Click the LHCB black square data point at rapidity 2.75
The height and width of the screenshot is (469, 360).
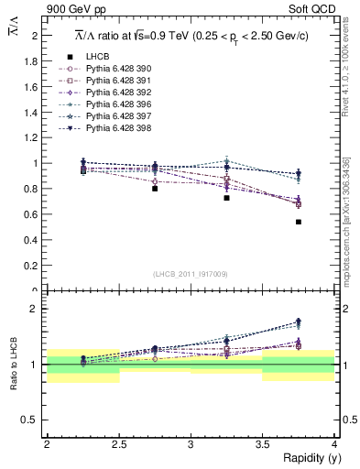(155, 189)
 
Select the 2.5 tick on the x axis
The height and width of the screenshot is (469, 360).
(118, 444)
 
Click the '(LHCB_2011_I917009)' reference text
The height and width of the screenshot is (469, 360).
(190, 275)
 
